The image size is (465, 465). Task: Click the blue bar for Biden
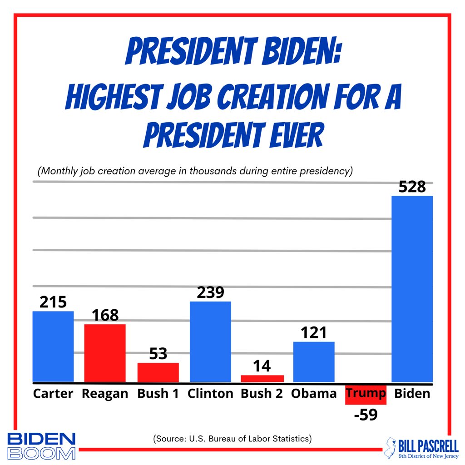coord(412,289)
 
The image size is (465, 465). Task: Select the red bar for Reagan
coord(105,353)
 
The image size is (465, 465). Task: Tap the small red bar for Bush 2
coord(262,378)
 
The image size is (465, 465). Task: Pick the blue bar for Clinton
coord(210,341)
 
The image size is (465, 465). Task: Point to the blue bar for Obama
coord(314,361)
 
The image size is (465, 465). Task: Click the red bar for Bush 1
coord(158,372)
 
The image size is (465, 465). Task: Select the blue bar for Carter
coord(53,346)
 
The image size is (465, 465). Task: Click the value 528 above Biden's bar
coord(412,187)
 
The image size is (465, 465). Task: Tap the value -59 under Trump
coord(366,415)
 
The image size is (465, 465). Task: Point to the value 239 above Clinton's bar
coord(210,292)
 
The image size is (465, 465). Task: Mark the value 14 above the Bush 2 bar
coord(262,366)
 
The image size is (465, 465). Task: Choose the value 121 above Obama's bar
coord(314,332)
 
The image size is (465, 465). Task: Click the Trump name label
coord(366,393)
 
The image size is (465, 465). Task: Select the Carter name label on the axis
coord(53,393)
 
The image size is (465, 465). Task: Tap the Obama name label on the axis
coord(314,393)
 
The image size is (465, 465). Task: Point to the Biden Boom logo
coord(41,446)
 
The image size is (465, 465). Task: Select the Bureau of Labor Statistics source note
coord(232,439)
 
